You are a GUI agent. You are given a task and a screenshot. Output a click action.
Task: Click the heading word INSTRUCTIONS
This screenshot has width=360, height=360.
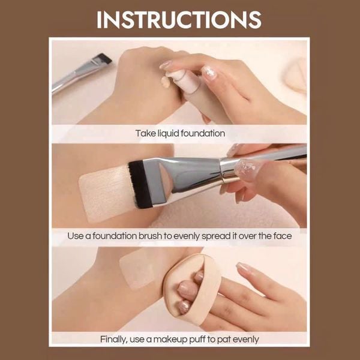179,20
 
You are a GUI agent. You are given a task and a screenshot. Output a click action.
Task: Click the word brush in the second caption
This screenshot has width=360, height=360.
150,236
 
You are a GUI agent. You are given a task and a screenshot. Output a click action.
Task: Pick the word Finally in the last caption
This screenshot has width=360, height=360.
113,340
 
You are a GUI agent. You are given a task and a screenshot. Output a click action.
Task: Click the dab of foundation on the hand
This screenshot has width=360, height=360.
166,82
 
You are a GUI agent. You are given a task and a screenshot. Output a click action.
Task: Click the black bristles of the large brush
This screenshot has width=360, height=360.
139,184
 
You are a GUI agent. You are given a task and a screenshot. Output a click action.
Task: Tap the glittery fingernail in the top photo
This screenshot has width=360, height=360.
209,73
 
